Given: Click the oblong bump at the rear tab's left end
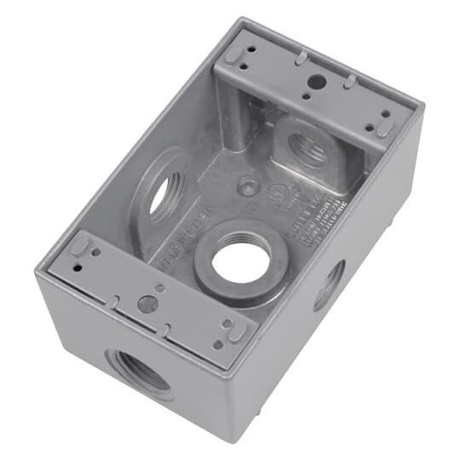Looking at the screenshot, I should [x=233, y=54].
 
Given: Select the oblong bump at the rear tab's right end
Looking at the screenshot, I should [x=386, y=127].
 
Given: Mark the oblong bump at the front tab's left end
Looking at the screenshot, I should [x=78, y=246].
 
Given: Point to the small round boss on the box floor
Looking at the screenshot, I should [x=247, y=183].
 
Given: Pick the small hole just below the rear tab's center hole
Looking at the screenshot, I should [x=314, y=99].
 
